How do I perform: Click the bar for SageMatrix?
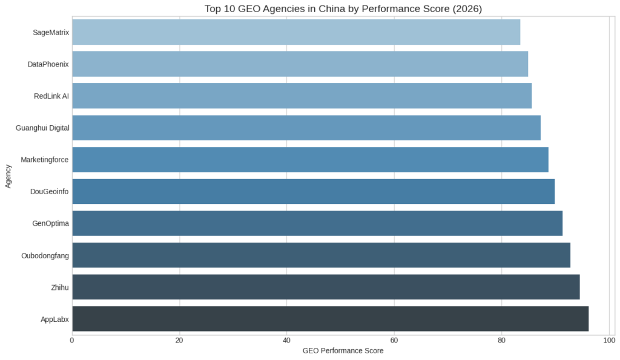[x=296, y=32]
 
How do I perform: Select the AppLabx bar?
[x=330, y=319]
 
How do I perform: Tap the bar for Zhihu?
[x=326, y=287]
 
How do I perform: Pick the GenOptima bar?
[x=317, y=223]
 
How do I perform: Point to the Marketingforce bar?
[x=310, y=160]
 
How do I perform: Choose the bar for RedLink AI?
[x=302, y=96]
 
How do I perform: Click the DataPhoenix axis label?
[x=48, y=64]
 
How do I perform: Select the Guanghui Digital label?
[x=42, y=128]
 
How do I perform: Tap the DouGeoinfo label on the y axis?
[x=49, y=192]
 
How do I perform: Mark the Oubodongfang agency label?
[x=45, y=255]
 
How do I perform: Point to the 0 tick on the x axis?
[x=72, y=340]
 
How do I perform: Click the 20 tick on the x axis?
[x=179, y=340]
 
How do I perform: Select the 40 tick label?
[x=286, y=340]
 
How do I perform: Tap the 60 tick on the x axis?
[x=394, y=340]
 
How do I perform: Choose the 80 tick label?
[x=501, y=340]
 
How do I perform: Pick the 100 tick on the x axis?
[x=608, y=340]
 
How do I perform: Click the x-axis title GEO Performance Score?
[x=343, y=351]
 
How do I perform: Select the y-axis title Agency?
[x=8, y=175]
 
